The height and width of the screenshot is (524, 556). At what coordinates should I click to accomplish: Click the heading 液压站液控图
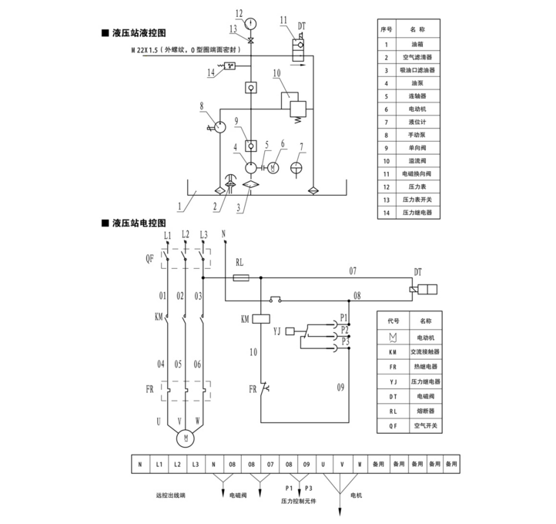(139, 34)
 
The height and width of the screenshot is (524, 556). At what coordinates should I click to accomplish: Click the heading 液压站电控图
(139, 223)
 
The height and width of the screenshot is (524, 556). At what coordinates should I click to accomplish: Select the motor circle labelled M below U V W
(185, 438)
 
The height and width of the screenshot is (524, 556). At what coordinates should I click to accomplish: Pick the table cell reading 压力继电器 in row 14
(417, 212)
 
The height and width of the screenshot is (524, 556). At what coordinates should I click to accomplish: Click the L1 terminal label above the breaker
(166, 233)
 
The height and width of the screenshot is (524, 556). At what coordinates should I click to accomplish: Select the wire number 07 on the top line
(353, 270)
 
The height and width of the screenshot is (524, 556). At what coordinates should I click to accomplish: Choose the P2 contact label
(344, 329)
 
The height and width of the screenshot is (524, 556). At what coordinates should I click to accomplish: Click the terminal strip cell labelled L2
(177, 465)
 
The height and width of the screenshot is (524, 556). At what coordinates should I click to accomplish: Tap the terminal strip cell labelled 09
(306, 465)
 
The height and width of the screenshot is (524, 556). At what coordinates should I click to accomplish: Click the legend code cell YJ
(393, 381)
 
